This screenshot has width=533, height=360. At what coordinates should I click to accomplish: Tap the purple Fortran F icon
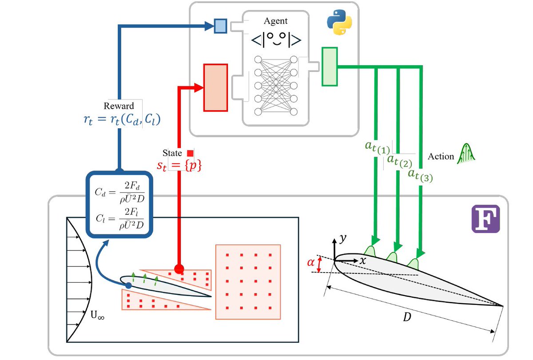(485, 219)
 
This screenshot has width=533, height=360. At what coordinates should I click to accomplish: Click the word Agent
(275, 21)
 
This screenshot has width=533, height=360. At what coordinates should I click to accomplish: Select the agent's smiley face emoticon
(276, 40)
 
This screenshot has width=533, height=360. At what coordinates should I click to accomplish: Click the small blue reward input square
(220, 26)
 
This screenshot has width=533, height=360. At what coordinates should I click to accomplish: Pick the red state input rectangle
(215, 87)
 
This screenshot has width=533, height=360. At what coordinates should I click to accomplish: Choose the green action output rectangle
(329, 67)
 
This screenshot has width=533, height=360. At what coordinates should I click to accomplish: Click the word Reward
(119, 106)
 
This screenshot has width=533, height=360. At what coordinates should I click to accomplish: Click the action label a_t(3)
(420, 174)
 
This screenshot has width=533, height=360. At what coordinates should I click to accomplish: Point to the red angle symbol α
(311, 263)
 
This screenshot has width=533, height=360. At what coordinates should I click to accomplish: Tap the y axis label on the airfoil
(342, 238)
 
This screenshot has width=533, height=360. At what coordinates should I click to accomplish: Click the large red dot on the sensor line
(179, 269)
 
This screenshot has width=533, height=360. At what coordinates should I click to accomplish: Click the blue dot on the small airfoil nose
(129, 285)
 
